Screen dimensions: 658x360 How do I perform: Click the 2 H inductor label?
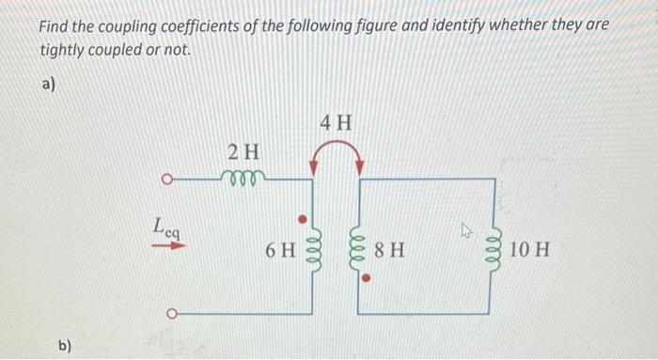tap(244, 150)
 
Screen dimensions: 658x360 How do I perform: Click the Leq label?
tap(167, 227)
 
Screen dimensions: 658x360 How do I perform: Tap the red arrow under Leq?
tap(167, 246)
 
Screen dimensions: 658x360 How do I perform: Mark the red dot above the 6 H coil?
tap(303, 220)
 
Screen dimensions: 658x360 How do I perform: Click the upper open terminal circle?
tap(166, 177)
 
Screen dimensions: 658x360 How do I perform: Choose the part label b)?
tap(65, 345)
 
